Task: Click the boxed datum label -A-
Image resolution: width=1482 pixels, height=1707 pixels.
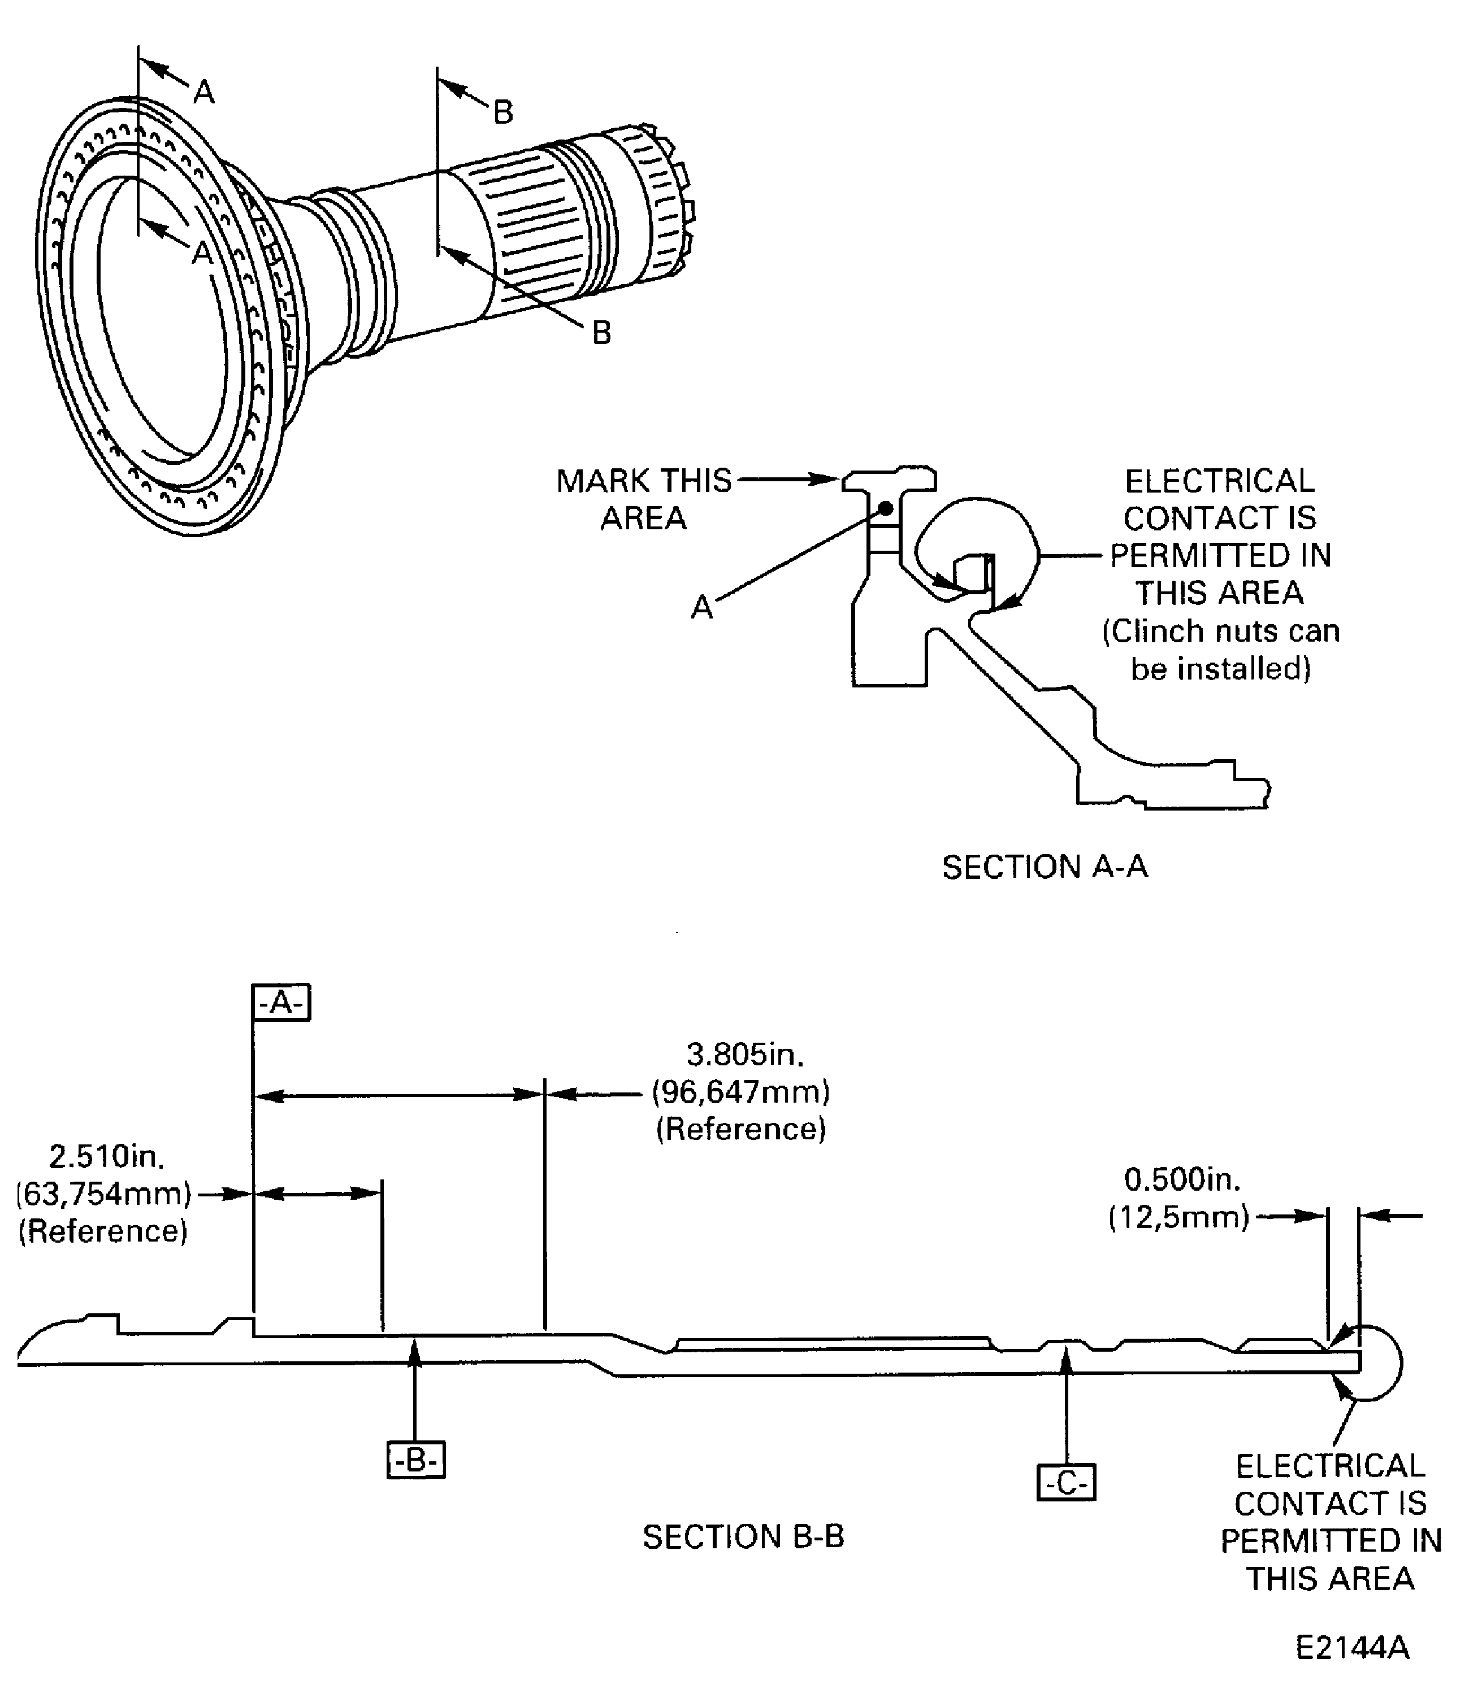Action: pos(281,1003)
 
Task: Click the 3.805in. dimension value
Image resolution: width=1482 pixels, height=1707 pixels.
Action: pos(745,1055)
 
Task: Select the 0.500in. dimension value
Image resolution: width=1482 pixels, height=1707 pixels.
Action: pos(1182,1179)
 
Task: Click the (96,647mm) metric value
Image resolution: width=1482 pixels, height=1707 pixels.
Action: pos(741,1092)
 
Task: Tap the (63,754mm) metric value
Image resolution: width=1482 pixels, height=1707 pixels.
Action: pos(103,1194)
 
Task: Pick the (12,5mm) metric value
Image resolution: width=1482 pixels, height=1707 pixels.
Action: pos(1178,1217)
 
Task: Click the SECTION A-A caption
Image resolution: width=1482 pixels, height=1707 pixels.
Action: pos(1045,867)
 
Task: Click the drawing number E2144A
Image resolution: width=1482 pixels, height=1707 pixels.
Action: pos(1352,1648)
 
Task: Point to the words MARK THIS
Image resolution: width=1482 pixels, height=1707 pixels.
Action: pos(644,480)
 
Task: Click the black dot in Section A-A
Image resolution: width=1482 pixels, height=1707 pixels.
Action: pos(885,508)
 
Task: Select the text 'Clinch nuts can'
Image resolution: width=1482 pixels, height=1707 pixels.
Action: pos(1221,632)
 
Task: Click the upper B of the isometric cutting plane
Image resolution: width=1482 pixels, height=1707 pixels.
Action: pos(504,112)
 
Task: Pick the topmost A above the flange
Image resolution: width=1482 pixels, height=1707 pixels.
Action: pos(204,92)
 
